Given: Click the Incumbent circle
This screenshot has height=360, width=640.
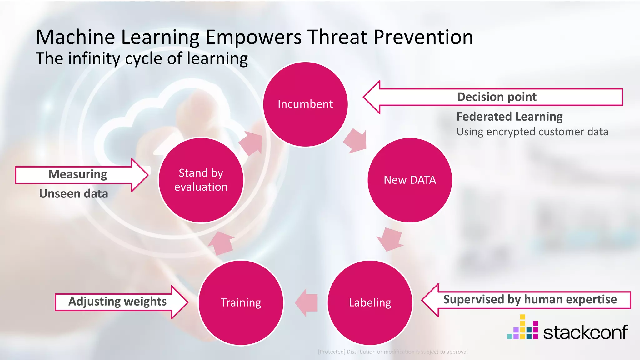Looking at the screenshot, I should [305, 104].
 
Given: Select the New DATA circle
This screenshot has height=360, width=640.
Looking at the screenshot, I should [410, 180].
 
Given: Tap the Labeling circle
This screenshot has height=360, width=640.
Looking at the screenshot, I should [370, 302].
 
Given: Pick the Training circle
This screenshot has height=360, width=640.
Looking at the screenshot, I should [241, 302].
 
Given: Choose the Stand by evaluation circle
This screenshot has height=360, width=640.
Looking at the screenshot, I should [201, 180].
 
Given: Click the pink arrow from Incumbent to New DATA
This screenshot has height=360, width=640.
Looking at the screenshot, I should [356, 141].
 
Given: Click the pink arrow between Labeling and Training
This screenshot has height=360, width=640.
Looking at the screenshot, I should [307, 302].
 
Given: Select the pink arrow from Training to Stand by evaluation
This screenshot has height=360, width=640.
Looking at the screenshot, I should [221, 243].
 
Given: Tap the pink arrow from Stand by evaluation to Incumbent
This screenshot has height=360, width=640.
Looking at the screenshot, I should [251, 143].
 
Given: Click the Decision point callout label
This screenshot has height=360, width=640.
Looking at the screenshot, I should [497, 97].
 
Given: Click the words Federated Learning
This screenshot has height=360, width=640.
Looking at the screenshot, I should [509, 117].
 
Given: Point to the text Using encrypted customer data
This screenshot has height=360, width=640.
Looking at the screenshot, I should [532, 132].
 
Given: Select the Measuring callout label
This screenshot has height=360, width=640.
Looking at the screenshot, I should [77, 174].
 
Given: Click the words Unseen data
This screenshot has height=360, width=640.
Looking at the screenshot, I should [73, 194].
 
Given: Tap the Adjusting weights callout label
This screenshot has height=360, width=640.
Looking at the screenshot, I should [117, 302].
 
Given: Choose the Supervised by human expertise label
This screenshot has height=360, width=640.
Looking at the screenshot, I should [530, 299].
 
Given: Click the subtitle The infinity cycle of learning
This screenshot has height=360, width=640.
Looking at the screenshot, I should [142, 58].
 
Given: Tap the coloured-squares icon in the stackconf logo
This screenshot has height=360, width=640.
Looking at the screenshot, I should [522, 328].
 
